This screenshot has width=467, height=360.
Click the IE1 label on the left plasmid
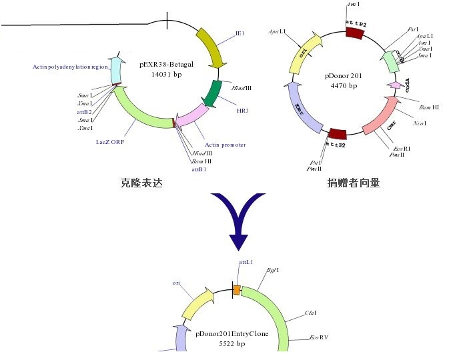[x=240, y=33]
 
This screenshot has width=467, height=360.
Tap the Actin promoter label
[x=225, y=145]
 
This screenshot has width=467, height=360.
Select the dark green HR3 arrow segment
[x=213, y=94]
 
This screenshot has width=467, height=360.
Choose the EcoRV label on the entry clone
[x=319, y=338]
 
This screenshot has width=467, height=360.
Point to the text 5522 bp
[x=231, y=344]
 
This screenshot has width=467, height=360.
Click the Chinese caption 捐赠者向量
[x=353, y=183]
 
